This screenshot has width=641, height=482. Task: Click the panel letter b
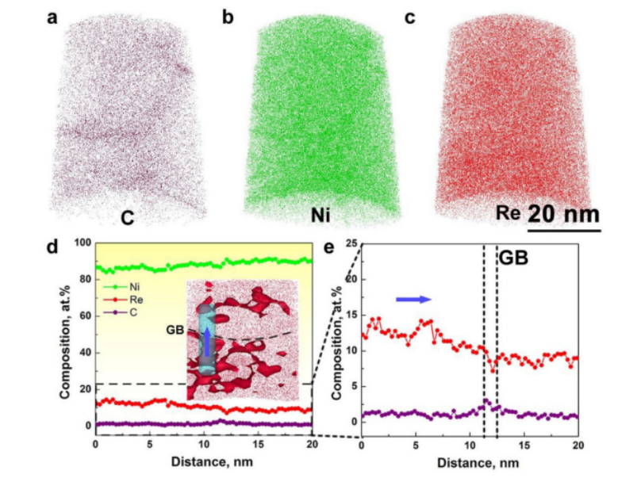(x=228, y=17)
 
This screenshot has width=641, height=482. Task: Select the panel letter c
(x=410, y=17)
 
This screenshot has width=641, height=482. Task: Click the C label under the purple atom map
(x=126, y=216)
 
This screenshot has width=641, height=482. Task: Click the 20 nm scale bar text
(x=563, y=214)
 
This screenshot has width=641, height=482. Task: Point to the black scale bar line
(x=563, y=231)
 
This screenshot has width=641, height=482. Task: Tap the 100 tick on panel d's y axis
(x=81, y=242)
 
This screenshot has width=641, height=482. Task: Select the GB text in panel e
(x=513, y=258)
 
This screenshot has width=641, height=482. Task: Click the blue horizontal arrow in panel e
(x=413, y=298)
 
